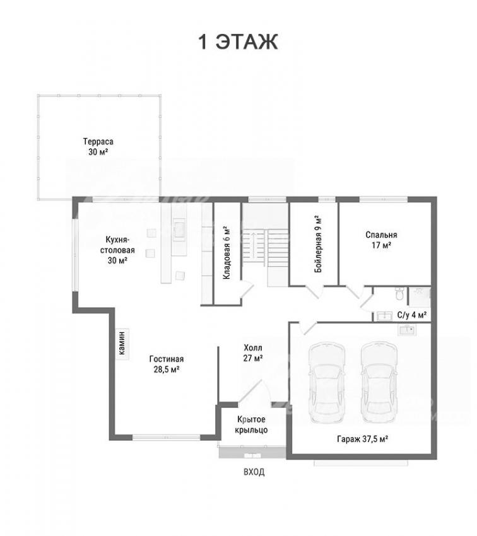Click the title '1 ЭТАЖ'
238,42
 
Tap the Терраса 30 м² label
98,147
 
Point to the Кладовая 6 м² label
227,253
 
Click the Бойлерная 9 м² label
318,244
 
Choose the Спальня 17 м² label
381,240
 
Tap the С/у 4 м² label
411,315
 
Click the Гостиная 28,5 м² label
167,364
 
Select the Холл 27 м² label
253,352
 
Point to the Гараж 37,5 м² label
362,439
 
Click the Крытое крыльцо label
251,424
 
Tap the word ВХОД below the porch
254,472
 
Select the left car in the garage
326,383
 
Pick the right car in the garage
379,383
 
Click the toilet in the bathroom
399,294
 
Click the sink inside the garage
407,330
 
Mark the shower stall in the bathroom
419,296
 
